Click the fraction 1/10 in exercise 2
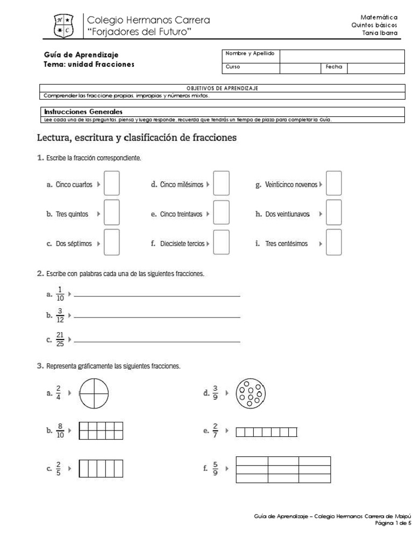[60, 294]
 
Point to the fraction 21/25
[60, 340]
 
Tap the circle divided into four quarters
[94, 393]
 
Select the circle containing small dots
[250, 393]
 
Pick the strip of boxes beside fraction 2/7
[266, 431]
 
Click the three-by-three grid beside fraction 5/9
[283, 469]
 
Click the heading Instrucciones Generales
[83, 111]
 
